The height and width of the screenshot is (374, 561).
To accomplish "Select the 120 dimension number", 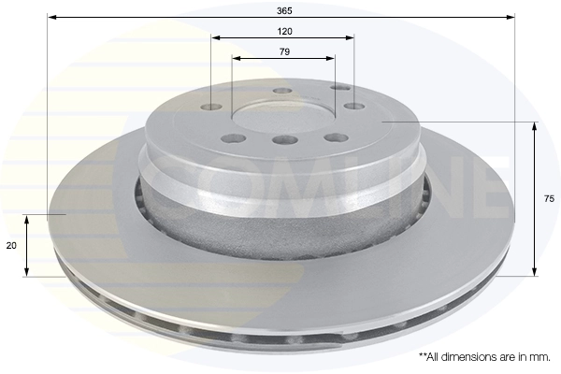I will point(283,31).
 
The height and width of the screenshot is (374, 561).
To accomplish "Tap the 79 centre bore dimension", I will point(283,51).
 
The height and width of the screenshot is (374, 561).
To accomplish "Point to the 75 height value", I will point(550,199).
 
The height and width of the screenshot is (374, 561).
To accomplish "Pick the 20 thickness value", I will point(10,245).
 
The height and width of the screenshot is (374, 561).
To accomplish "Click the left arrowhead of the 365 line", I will point(50,17).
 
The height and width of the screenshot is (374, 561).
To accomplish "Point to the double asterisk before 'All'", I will point(424,356).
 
